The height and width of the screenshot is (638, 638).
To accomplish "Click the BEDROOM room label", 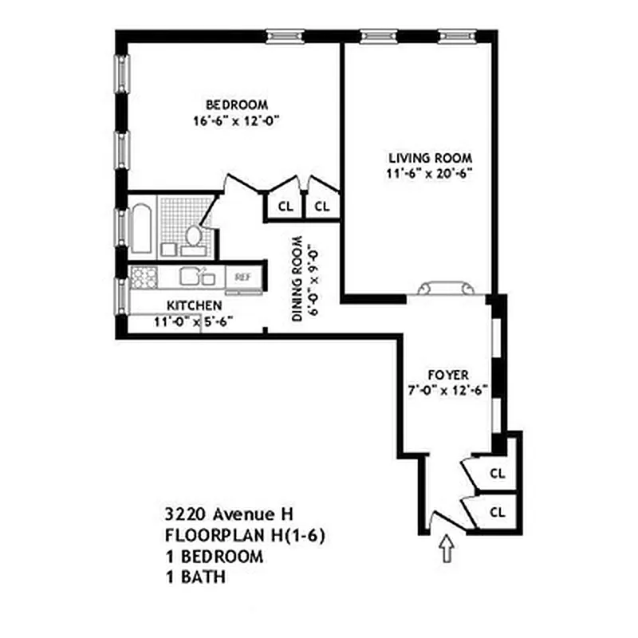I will pos(237,104).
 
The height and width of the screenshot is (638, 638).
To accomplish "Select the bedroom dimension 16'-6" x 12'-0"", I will pos(237,121).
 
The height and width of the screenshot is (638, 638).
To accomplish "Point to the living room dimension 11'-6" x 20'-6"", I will pos(430,173).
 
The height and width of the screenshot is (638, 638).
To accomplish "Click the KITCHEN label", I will pos(194,305).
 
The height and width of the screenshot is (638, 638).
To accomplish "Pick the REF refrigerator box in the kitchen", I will pos(242,277).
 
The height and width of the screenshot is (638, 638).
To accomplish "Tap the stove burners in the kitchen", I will pos(144,277).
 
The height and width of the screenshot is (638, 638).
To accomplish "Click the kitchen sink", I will pos(197,277).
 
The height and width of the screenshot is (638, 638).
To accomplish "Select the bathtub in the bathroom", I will pos(142,230).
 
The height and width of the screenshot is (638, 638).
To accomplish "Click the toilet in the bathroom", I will pos(194,236).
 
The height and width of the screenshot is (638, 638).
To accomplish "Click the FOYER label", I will pos(447,375).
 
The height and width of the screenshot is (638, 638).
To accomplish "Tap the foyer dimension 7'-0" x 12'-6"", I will pos(447,391).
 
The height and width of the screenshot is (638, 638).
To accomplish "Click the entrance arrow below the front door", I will pos(447,549).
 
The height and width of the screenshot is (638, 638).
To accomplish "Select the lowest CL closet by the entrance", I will pos(497,511).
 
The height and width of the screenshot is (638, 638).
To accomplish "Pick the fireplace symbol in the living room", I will pos(447,287).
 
